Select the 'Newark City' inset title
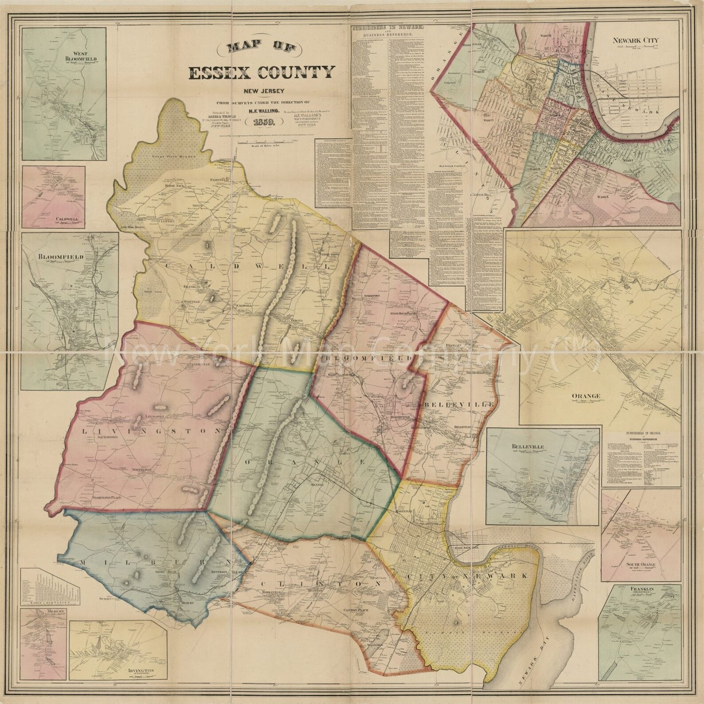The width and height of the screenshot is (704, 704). [x=635, y=40]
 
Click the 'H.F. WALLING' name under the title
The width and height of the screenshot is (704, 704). [x=262, y=106]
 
